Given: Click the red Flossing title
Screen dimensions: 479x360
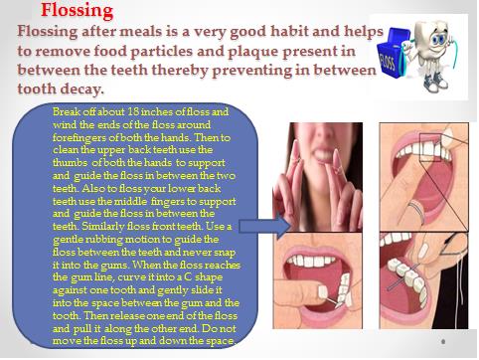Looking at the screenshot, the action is coord(77,11).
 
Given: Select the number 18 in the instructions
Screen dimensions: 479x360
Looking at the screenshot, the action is coord(133,111).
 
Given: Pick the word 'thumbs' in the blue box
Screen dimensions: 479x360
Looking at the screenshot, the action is coord(71,162).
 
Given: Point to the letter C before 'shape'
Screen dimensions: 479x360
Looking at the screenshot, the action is coord(188,276).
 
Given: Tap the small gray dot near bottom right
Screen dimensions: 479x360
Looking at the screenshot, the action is coord(443,341).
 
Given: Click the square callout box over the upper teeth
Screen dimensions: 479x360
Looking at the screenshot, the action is coord(430,147).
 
